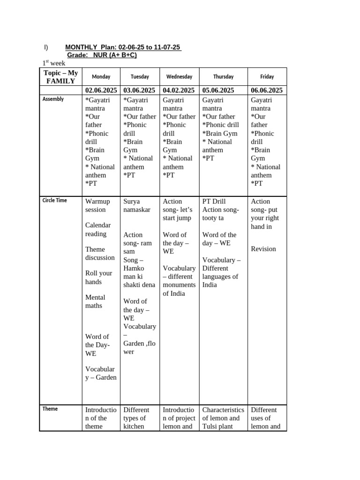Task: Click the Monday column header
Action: click(x=101, y=76)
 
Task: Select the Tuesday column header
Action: click(x=140, y=76)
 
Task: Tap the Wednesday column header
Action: click(x=179, y=76)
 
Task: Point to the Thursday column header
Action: click(x=223, y=76)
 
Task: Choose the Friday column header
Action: click(x=267, y=76)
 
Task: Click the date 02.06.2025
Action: click(x=101, y=90)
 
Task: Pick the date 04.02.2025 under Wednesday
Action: click(x=179, y=90)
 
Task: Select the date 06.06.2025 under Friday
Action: click(x=267, y=90)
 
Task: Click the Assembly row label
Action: click(x=53, y=99)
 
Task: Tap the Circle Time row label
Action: click(x=54, y=201)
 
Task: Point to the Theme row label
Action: click(x=50, y=409)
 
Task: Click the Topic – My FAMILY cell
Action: click(x=60, y=77)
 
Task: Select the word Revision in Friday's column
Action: click(x=263, y=249)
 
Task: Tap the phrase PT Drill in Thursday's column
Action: click(x=214, y=201)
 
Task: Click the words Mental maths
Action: click(x=95, y=301)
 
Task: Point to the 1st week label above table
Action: click(x=54, y=63)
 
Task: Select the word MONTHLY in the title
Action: click(x=81, y=47)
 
